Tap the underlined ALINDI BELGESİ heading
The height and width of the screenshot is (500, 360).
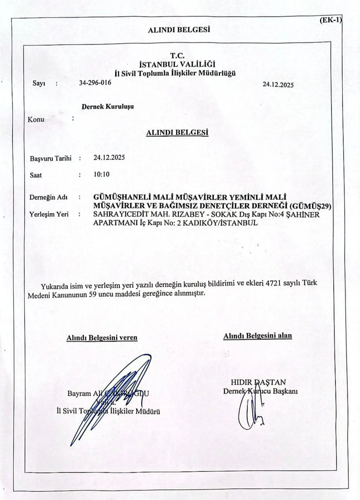177,132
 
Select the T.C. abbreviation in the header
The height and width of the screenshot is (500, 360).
177,56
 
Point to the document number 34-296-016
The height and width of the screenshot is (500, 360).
95,83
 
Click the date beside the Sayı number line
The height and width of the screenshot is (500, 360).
278,85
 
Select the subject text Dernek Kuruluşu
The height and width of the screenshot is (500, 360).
107,107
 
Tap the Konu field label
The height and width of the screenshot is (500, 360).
36,119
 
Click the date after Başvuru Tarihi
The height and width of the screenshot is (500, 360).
109,157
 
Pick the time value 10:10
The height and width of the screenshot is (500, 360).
102,174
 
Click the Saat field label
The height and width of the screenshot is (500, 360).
36,175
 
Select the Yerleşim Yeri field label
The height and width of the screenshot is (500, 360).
49,214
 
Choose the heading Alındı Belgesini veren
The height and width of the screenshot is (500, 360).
102,338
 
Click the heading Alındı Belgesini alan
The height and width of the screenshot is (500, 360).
257,336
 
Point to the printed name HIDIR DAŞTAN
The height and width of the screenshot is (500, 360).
258,382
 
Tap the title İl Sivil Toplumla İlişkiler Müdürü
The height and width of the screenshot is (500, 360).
108,411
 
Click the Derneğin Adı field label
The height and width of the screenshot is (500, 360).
48,197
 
